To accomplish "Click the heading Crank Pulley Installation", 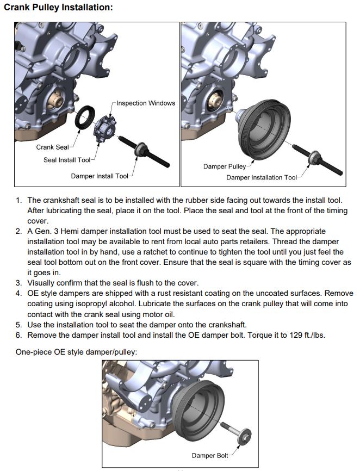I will click(59, 8).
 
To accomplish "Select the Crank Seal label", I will click(52, 147).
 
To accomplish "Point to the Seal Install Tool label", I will click(67, 160).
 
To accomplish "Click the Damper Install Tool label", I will click(100, 176).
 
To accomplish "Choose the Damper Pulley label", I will click(225, 166).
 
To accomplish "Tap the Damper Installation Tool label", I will click(262, 177).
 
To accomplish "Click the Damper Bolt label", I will click(209, 456).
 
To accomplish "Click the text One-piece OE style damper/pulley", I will click(76, 352).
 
